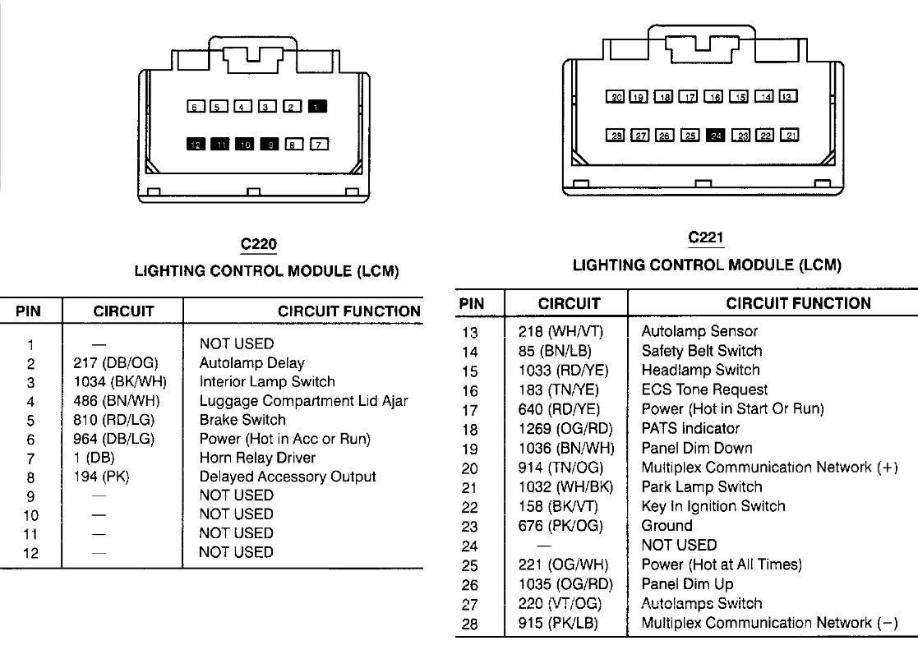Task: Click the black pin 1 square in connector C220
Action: (317, 107)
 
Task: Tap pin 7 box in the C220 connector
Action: (319, 144)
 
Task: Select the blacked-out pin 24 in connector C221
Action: (716, 136)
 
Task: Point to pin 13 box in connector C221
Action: (788, 96)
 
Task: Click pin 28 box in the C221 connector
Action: (616, 136)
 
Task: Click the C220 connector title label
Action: (259, 244)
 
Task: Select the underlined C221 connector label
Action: (706, 237)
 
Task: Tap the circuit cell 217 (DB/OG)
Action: (116, 363)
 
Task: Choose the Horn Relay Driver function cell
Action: (257, 458)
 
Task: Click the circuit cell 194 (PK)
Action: (101, 477)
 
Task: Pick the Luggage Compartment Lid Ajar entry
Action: (304, 401)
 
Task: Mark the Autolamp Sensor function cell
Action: (699, 331)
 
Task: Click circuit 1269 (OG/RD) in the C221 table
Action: (565, 428)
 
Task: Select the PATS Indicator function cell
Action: (691, 428)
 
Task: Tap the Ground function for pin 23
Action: (667, 526)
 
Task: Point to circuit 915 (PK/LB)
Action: (559, 623)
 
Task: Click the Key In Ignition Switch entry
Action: (713, 506)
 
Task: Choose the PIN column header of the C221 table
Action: (472, 304)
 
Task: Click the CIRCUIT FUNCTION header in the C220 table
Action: (349, 311)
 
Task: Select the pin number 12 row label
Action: (30, 553)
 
